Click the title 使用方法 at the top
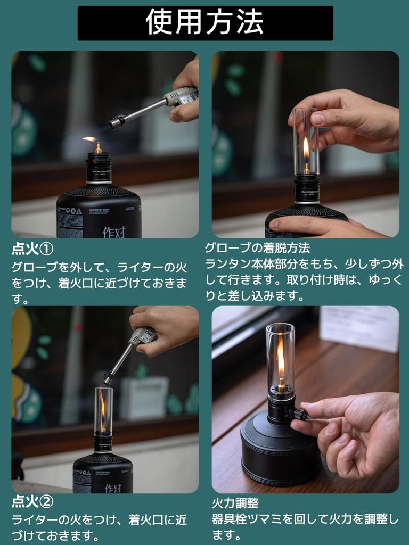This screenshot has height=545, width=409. pos(205,23)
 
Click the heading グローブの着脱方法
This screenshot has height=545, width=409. pos(257,247)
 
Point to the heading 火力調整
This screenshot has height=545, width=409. pos(235,503)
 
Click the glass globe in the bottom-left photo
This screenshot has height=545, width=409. pos(103,410)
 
